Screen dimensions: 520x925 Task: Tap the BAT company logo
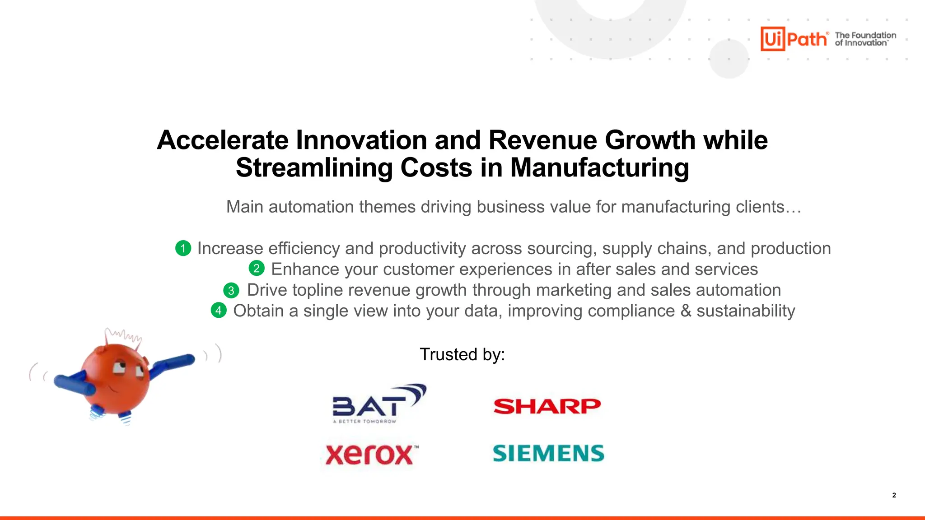pyautogui.click(x=378, y=404)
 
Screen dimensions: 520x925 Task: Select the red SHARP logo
pyautogui.click(x=547, y=406)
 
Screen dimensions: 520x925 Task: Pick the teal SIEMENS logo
pyautogui.click(x=548, y=453)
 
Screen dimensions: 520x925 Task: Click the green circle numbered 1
pyautogui.click(x=183, y=248)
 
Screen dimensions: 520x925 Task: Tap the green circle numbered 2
pyautogui.click(x=257, y=269)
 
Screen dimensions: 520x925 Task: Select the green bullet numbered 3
pyautogui.click(x=231, y=290)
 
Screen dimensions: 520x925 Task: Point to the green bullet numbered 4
pyautogui.click(x=219, y=311)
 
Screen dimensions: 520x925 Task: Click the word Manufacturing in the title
pyautogui.click(x=599, y=168)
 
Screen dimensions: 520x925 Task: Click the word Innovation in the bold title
pyautogui.click(x=362, y=140)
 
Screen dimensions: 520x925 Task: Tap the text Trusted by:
pyautogui.click(x=462, y=354)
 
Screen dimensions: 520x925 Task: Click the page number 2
pyautogui.click(x=894, y=495)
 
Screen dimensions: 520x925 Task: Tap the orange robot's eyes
pyautogui.click(x=128, y=369)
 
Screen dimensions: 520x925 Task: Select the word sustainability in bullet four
pyautogui.click(x=746, y=311)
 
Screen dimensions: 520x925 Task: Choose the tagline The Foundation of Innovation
pyautogui.click(x=865, y=39)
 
